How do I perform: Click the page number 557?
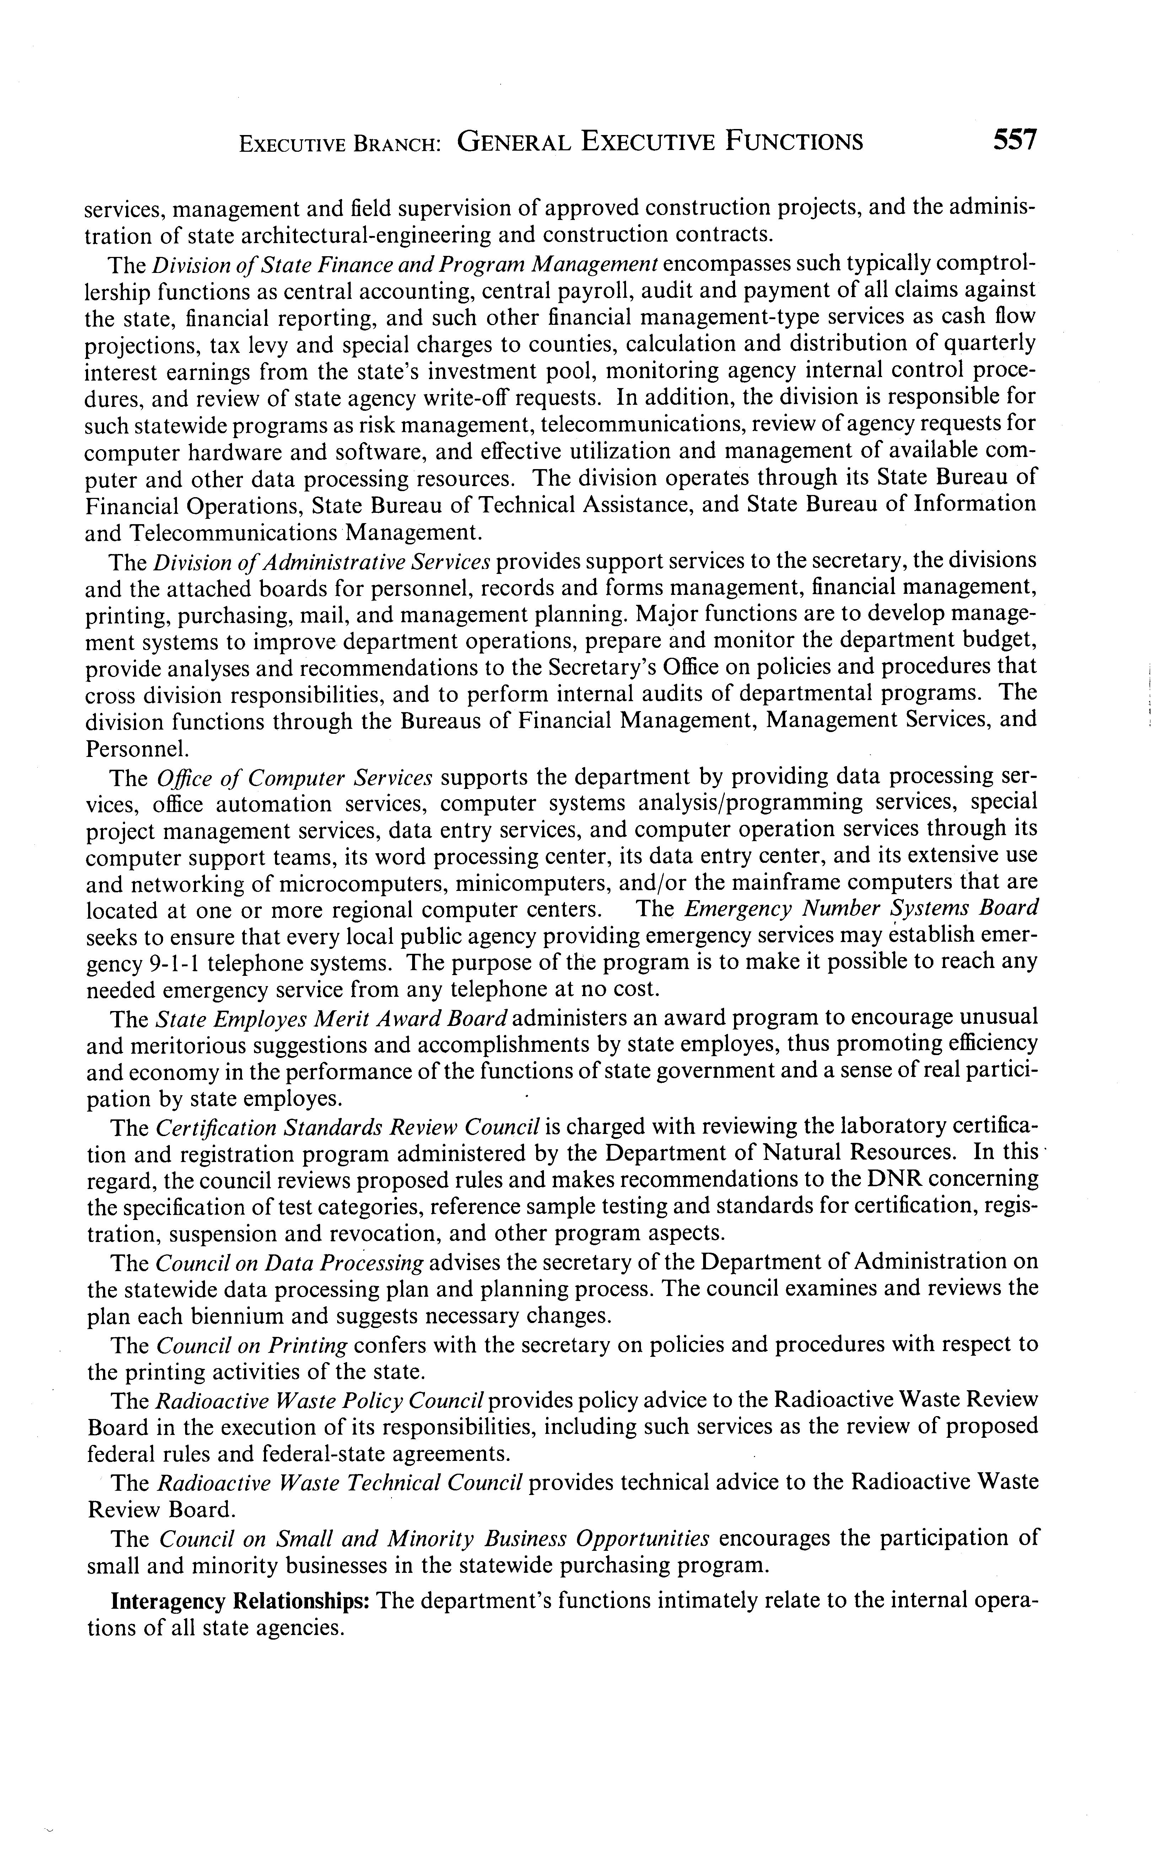1014,140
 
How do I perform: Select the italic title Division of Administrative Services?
321,562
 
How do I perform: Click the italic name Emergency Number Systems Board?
861,908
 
